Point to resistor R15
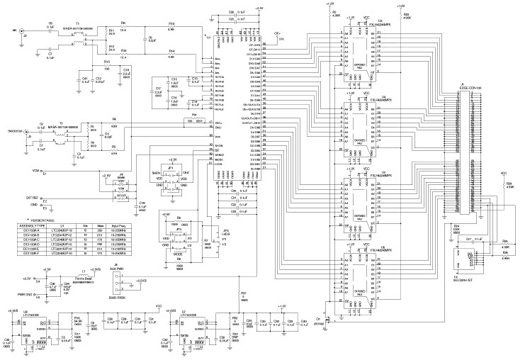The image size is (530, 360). (108, 65)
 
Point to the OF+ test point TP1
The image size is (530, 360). (278, 33)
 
